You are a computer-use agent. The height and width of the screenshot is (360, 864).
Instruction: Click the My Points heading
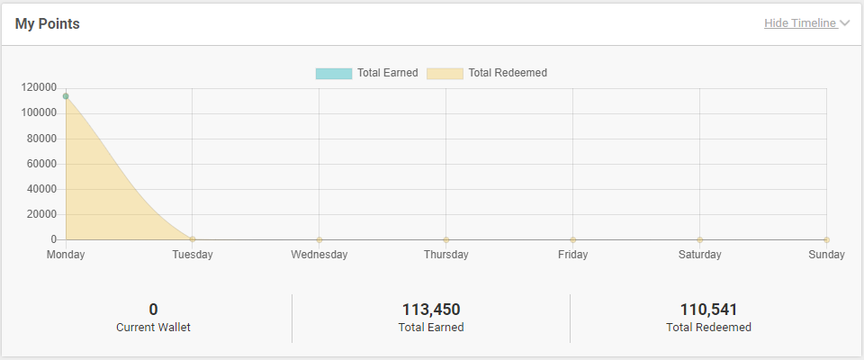(47, 24)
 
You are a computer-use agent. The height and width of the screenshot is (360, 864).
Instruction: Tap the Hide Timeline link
(800, 23)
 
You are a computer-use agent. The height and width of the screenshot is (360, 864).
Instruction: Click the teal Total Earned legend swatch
(333, 73)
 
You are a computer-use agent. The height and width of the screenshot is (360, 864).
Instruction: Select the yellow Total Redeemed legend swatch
(445, 73)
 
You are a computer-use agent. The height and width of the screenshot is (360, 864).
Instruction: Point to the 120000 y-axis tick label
(40, 87)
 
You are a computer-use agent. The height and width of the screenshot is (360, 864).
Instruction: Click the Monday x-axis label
(66, 255)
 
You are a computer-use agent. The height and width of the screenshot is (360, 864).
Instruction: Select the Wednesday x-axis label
(319, 255)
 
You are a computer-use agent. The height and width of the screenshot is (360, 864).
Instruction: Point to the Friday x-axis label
(572, 255)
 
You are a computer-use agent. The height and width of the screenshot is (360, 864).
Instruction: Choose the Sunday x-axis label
(826, 255)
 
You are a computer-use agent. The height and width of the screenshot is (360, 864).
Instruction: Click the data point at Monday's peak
(66, 96)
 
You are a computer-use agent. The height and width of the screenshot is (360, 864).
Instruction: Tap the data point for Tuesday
(193, 239)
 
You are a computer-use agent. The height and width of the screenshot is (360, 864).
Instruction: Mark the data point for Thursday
(446, 239)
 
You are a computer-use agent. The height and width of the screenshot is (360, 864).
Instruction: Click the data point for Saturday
(699, 239)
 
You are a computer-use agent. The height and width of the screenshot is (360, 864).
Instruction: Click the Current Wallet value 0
(153, 310)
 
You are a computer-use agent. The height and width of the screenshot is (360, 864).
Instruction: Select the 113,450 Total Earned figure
(431, 310)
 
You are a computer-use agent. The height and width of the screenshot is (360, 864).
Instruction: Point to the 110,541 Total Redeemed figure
(709, 310)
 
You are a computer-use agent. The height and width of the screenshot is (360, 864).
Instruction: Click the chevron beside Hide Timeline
(844, 23)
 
